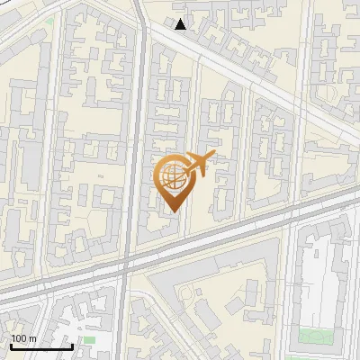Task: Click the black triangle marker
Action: [x=181, y=24]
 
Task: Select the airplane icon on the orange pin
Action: [x=198, y=166]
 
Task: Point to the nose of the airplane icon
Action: [x=213, y=157]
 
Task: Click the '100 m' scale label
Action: [x=23, y=338]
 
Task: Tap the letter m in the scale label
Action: [x=32, y=338]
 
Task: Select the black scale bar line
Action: [x=40, y=346]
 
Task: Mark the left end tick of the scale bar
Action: [x=10, y=345]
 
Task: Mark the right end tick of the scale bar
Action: [x=72, y=345]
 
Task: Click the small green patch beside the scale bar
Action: [x=88, y=340]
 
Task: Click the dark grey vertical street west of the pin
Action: [x=135, y=135]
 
